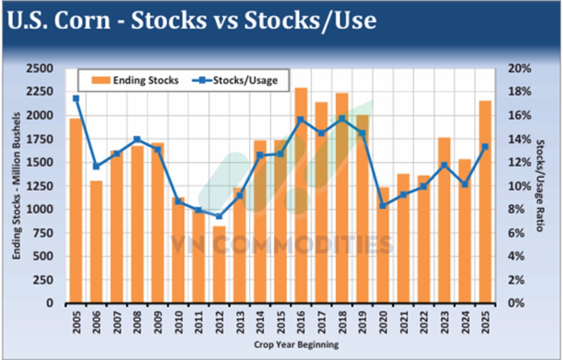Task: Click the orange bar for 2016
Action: pyautogui.click(x=301, y=197)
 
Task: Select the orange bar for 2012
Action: pyautogui.click(x=219, y=264)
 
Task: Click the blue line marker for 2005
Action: pyautogui.click(x=76, y=99)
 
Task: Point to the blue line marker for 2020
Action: pyautogui.click(x=383, y=206)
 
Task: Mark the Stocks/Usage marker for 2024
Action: pyautogui.click(x=465, y=184)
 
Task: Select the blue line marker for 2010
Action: pyautogui.click(x=178, y=201)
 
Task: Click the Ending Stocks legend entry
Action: pyautogui.click(x=135, y=81)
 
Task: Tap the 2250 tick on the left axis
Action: pyautogui.click(x=39, y=91)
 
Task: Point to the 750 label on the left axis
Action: pyautogui.click(x=43, y=233)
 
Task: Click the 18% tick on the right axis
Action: pyautogui.click(x=519, y=91)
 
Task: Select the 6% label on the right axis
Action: pyautogui.click(x=516, y=233)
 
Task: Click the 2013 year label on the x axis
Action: pyautogui.click(x=240, y=322)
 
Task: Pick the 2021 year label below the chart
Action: pyautogui.click(x=404, y=322)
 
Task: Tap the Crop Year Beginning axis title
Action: pyautogui.click(x=296, y=345)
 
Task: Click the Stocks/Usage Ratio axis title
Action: pyautogui.click(x=540, y=185)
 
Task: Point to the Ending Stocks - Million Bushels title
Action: pyautogui.click(x=16, y=186)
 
